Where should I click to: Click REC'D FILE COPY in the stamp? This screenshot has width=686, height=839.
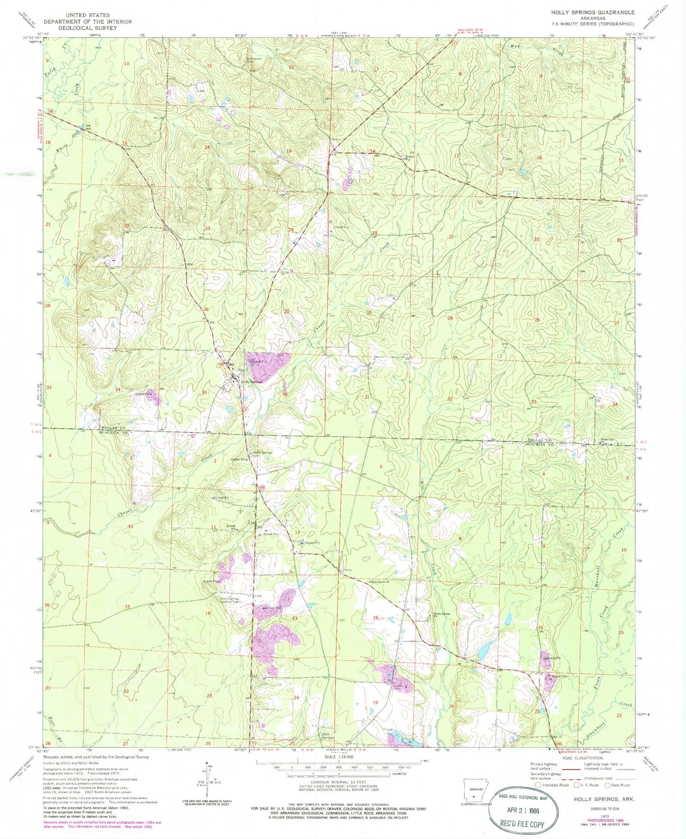521,824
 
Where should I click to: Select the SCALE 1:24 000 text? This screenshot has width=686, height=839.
338,757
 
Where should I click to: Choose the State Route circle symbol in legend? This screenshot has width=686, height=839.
607,785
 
